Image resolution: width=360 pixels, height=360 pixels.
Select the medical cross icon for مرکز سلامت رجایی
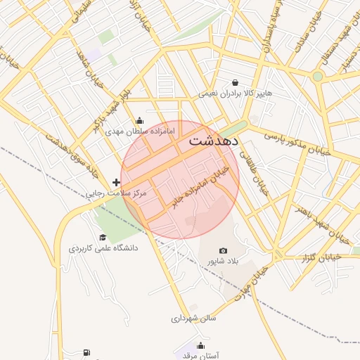(116, 182)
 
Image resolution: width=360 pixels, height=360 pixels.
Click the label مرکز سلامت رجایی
(115, 193)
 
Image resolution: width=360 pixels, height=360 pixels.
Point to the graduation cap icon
(103, 238)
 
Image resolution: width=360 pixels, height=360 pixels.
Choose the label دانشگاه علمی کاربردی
(103, 248)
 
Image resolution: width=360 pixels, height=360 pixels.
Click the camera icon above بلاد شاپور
(224, 251)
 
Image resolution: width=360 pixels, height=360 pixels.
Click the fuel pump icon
(86, 352)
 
